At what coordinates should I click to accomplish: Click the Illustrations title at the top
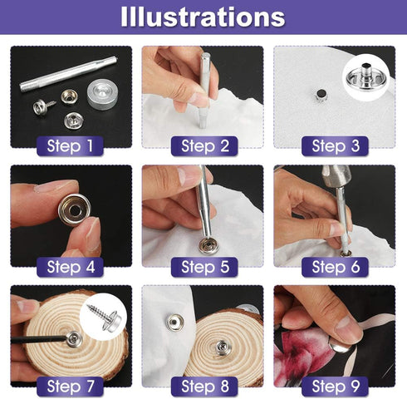tap(203, 17)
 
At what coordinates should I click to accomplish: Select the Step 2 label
tap(203, 146)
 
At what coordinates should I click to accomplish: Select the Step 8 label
tap(203, 386)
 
